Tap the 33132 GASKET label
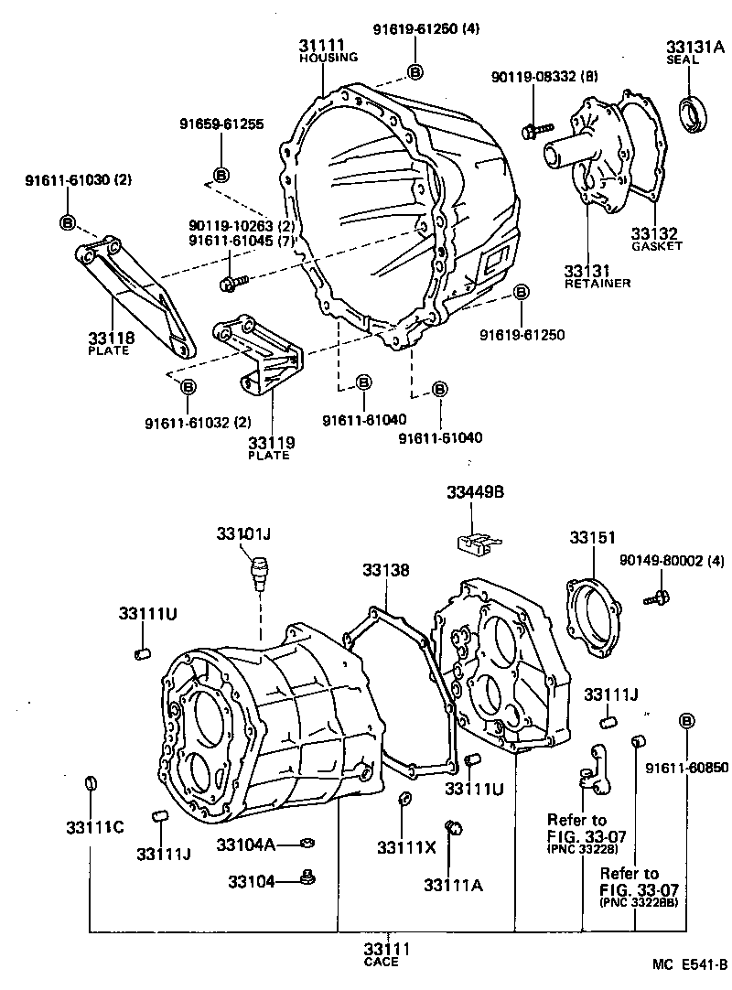(x=655, y=240)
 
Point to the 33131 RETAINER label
(x=597, y=276)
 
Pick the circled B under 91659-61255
(x=221, y=174)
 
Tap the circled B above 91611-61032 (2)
(x=188, y=387)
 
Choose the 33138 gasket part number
(x=384, y=569)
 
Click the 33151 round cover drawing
(x=592, y=615)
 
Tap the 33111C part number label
(x=89, y=827)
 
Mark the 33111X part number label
(x=404, y=847)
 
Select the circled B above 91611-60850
(x=686, y=723)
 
